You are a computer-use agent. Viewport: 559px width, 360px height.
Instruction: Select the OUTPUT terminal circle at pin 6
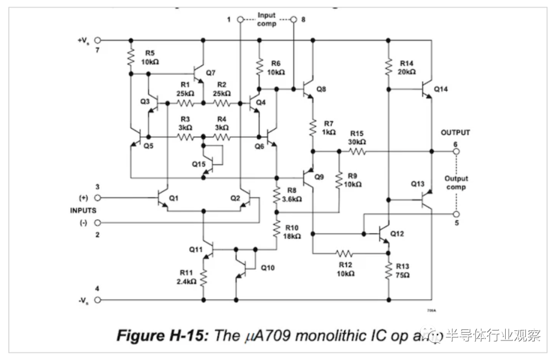[x=455, y=152]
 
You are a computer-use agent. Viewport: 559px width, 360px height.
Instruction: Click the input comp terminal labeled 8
[x=293, y=19]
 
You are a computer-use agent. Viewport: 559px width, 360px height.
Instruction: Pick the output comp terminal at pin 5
[x=455, y=213]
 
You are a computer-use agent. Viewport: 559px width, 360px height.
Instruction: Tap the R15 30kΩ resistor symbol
[x=358, y=152]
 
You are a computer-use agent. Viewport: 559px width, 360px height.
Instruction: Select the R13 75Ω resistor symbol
[x=388, y=271]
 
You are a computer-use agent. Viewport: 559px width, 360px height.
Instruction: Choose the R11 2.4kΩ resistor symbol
[x=203, y=278]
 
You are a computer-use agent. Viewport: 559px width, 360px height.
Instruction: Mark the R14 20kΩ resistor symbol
[x=388, y=66]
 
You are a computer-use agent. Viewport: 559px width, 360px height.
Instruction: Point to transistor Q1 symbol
[x=164, y=198]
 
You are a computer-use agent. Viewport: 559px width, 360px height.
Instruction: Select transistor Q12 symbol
[x=385, y=234]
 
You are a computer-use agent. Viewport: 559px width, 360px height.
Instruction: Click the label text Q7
[x=211, y=73]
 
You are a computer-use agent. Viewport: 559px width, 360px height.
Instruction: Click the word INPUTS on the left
[x=83, y=210]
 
